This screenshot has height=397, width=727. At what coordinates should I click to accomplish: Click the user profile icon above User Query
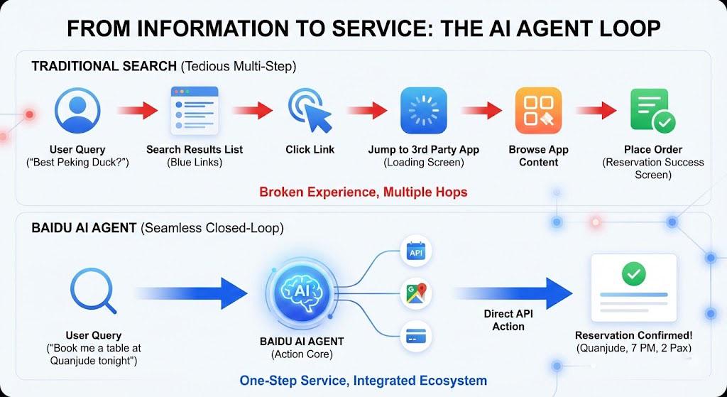[77, 111]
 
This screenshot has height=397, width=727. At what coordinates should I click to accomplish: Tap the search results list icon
[194, 111]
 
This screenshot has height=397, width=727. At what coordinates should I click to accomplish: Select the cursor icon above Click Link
[310, 112]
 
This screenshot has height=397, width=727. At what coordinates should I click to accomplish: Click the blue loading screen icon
[423, 111]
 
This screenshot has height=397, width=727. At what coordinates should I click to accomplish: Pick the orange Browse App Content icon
[538, 111]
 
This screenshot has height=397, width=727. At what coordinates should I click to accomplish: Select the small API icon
[415, 251]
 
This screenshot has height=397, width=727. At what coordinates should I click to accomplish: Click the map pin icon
[415, 293]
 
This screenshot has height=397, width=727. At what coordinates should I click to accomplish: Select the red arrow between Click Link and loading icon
[368, 111]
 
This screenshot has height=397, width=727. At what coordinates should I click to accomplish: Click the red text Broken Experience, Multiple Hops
[363, 192]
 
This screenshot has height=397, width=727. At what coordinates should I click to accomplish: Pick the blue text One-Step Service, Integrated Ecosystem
[363, 380]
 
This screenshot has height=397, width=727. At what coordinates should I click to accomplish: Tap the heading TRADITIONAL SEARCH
[104, 67]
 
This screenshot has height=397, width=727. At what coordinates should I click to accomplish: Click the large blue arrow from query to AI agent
[190, 293]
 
